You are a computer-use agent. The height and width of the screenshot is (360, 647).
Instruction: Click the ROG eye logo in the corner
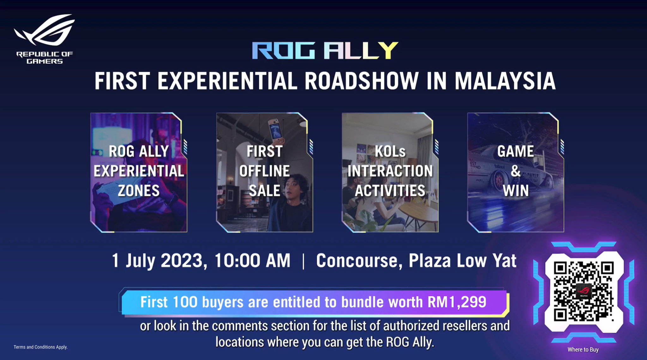pos(44,30)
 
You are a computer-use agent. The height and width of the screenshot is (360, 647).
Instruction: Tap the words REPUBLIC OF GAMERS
pos(45,58)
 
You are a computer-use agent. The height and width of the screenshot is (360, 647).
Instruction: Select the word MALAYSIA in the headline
pos(505,81)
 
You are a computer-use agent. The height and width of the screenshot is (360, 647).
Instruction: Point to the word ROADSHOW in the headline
pos(361,81)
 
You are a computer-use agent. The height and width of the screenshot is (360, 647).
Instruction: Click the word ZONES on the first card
pos(139,191)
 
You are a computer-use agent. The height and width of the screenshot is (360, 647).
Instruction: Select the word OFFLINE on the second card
pos(264,171)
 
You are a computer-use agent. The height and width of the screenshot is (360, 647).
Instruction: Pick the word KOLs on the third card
pos(390,151)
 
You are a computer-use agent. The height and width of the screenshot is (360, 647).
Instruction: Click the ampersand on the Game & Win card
pos(516,171)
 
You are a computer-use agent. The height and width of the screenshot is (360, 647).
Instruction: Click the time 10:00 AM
pos(252,261)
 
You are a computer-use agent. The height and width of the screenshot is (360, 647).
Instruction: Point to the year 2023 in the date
pos(182,261)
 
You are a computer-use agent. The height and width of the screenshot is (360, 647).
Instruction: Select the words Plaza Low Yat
pos(463,261)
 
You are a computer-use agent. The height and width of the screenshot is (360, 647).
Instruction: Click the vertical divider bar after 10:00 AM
pos(303,261)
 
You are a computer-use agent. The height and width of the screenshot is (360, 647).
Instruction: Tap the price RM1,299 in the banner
pos(457,302)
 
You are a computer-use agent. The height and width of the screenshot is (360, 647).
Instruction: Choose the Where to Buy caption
pos(583,350)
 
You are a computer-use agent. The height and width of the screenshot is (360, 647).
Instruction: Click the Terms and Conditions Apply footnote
pos(40,347)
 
